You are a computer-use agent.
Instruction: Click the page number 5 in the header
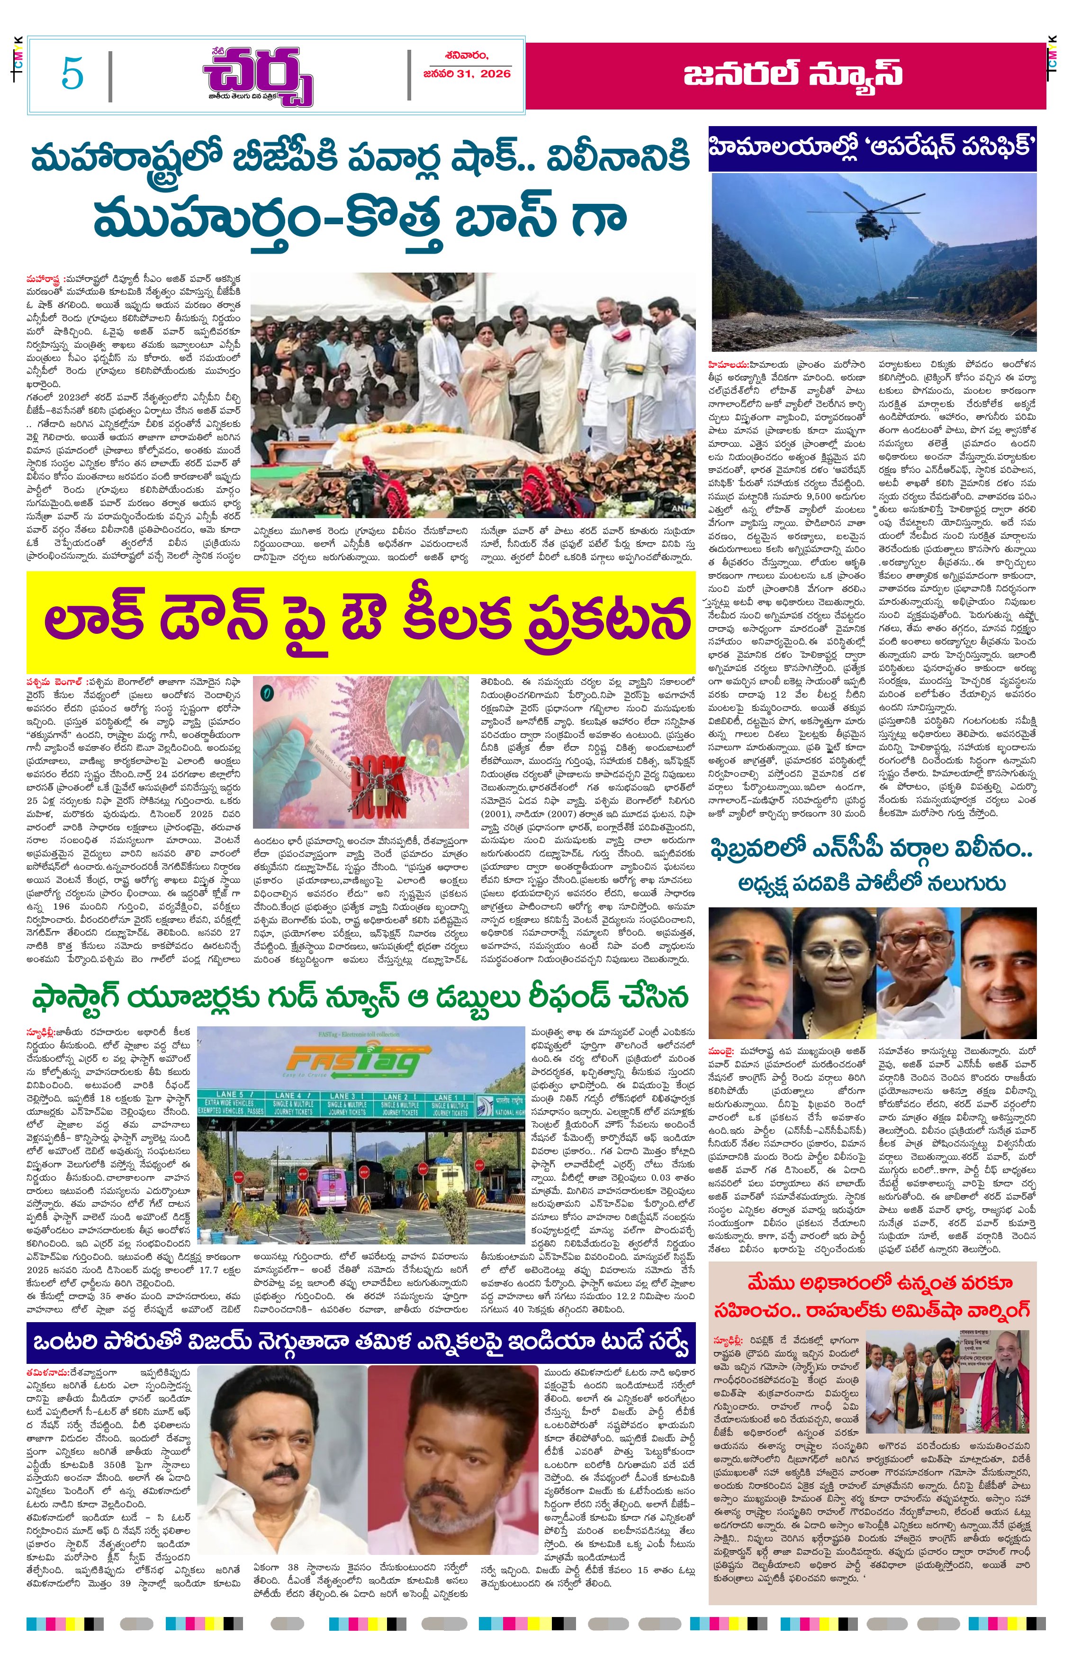72,73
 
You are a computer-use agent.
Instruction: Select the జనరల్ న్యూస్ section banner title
793,74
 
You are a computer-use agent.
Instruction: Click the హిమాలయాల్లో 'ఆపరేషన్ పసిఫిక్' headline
872,147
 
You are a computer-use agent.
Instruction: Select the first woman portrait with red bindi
750,962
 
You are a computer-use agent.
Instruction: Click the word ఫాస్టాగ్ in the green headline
83,997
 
